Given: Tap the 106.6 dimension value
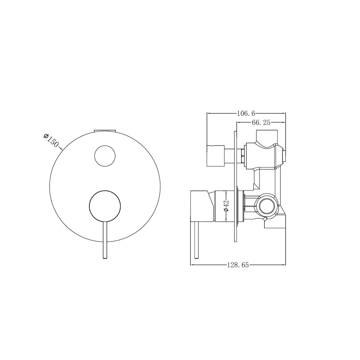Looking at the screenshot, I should pyautogui.click(x=246, y=113).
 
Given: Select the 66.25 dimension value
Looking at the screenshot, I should pyautogui.click(x=261, y=122).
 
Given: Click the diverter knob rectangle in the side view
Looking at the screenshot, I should pyautogui.click(x=216, y=156).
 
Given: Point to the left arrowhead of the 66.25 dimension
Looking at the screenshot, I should pyautogui.click(x=238, y=122).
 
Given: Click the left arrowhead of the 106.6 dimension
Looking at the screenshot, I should pyautogui.click(x=208, y=113).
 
